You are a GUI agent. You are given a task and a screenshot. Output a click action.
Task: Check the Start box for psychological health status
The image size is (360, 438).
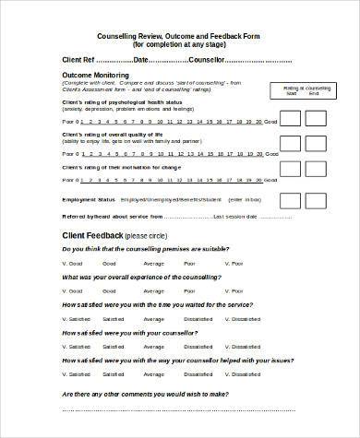coord(289,118)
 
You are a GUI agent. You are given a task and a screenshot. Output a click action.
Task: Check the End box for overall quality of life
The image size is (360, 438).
coord(317,145)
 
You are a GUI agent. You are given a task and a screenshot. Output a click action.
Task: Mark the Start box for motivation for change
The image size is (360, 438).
coord(289,172)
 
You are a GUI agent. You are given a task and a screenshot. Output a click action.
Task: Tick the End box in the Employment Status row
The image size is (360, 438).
coord(317,198)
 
